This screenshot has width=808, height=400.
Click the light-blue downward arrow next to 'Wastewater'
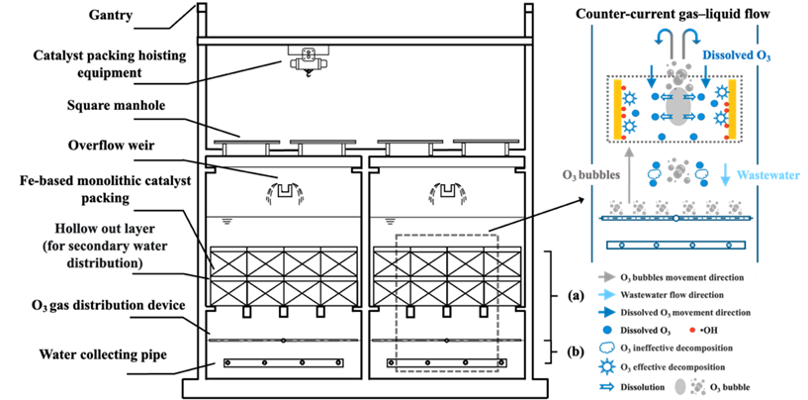(x=727, y=174)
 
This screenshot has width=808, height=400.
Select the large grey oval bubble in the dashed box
(x=676, y=107)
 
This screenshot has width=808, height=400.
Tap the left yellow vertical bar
(x=616, y=110)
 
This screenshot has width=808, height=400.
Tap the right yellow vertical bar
(x=733, y=110)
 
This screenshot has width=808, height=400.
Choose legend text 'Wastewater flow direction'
(x=677, y=295)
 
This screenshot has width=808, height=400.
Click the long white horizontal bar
(x=365, y=41)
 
